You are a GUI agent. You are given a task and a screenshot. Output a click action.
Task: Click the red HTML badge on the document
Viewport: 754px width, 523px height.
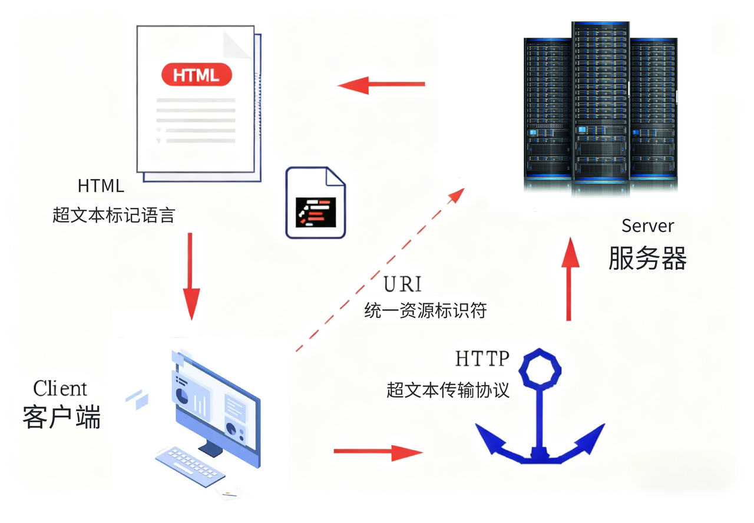pos(197,74)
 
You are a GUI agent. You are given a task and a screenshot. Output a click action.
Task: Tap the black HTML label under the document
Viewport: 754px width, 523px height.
pos(101,186)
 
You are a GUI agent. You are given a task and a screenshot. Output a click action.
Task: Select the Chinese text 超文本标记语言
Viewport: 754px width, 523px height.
pos(114,215)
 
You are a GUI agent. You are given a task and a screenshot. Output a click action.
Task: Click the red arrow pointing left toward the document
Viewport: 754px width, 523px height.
pos(381,85)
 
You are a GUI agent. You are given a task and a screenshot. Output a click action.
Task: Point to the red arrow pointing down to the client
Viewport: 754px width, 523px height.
pos(191,276)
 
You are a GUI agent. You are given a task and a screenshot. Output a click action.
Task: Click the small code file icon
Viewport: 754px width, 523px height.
pos(315,203)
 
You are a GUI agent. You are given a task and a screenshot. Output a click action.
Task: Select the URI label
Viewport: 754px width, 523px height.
pos(402,284)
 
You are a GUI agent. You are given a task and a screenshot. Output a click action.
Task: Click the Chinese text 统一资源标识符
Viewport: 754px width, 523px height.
pos(425,310)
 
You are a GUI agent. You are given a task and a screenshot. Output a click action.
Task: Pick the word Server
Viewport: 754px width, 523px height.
pos(647,226)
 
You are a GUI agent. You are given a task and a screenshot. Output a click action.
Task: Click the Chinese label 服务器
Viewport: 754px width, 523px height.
pos(647,258)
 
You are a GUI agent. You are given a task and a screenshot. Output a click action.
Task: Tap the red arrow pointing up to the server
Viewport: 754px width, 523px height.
pos(570,279)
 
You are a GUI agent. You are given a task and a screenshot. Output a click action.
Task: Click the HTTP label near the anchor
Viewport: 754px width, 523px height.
pos(482,359)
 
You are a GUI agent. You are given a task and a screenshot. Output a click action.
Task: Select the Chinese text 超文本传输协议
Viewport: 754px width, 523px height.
pos(448,390)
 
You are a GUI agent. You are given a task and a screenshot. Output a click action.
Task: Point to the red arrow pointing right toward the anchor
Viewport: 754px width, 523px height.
pos(378,452)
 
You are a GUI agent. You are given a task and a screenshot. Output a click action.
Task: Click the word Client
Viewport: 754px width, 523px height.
pos(60,388)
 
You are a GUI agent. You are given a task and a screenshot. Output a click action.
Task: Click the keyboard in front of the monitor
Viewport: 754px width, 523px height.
pos(190,466)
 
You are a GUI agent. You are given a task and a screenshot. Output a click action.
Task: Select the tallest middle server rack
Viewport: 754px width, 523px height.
pos(600,108)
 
